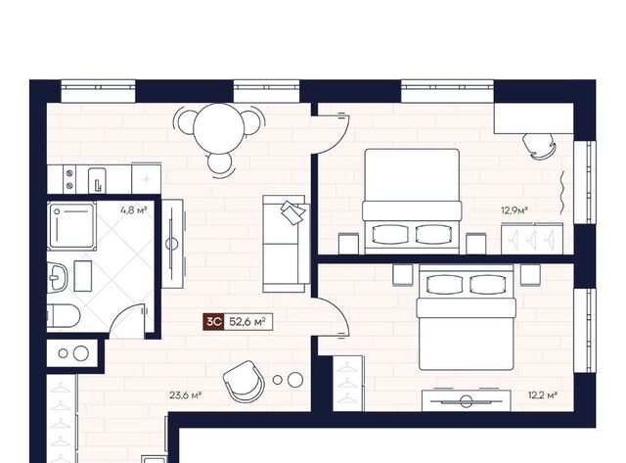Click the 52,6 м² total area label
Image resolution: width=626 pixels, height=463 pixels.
247,322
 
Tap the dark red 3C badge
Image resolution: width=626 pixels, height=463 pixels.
213,322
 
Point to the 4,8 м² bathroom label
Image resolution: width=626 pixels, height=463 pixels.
134,209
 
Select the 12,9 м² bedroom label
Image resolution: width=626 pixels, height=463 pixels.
514,210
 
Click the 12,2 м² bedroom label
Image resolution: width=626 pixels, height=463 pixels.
543,395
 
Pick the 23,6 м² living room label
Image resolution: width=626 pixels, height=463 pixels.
185,395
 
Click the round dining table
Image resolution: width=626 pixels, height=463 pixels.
218,128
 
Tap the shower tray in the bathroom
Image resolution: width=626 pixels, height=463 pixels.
71,226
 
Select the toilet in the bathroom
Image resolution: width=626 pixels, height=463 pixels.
64,315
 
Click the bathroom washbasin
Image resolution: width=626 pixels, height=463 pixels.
57,277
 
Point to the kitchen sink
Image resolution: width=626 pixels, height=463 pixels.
97,180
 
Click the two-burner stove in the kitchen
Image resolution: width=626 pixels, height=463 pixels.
69,179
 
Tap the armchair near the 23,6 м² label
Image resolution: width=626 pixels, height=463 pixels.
244,382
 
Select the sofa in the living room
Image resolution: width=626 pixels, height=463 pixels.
287,244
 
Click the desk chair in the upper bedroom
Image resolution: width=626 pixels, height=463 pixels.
539,146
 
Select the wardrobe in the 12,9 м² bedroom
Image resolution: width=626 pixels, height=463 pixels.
532,239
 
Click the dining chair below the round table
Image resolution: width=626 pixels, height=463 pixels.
219,164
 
